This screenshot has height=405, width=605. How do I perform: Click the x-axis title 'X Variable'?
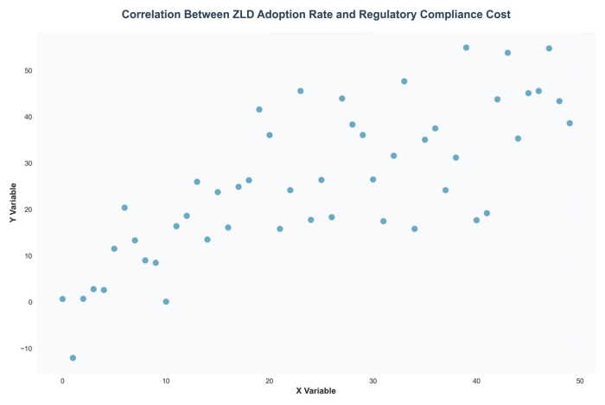click(315, 391)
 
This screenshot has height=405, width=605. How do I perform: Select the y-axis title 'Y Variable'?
click(13, 204)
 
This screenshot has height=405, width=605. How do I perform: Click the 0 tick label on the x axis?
click(62, 381)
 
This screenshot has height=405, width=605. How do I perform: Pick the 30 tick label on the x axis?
click(373, 381)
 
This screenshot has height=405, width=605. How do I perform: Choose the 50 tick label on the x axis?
click(580, 381)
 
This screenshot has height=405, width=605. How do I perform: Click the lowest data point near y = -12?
click(73, 357)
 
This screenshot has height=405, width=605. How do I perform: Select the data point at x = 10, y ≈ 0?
click(166, 302)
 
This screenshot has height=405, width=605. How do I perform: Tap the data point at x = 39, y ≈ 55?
click(466, 48)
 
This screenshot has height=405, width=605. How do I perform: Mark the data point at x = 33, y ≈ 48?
click(404, 81)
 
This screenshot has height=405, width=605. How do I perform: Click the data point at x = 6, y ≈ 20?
click(124, 208)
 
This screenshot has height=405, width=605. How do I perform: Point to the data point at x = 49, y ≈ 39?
click(570, 123)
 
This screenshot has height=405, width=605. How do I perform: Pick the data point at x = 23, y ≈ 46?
click(301, 91)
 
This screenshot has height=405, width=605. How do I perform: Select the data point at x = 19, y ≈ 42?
click(259, 110)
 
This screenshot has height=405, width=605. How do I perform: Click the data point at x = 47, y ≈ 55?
click(549, 48)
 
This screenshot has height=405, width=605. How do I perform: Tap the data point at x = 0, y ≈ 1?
click(62, 299)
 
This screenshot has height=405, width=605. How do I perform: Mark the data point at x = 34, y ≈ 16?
click(414, 228)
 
